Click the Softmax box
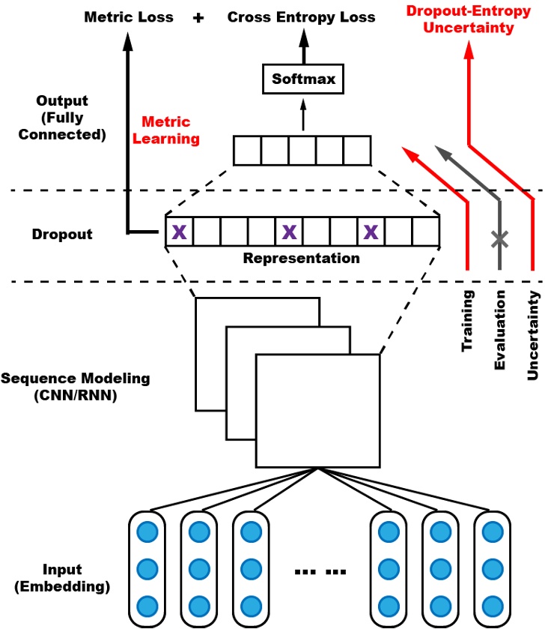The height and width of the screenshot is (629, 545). pyautogui.click(x=303, y=78)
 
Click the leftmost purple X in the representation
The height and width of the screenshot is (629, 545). pyautogui.click(x=179, y=232)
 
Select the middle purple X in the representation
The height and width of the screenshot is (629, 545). pyautogui.click(x=289, y=232)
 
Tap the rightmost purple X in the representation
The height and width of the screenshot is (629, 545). pyautogui.click(x=371, y=232)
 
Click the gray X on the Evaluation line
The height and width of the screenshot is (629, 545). pyautogui.click(x=499, y=239)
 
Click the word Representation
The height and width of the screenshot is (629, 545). pyautogui.click(x=302, y=259)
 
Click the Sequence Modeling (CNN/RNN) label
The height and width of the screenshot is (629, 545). pyautogui.click(x=76, y=387)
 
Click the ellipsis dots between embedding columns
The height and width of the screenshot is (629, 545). pyautogui.click(x=320, y=572)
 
